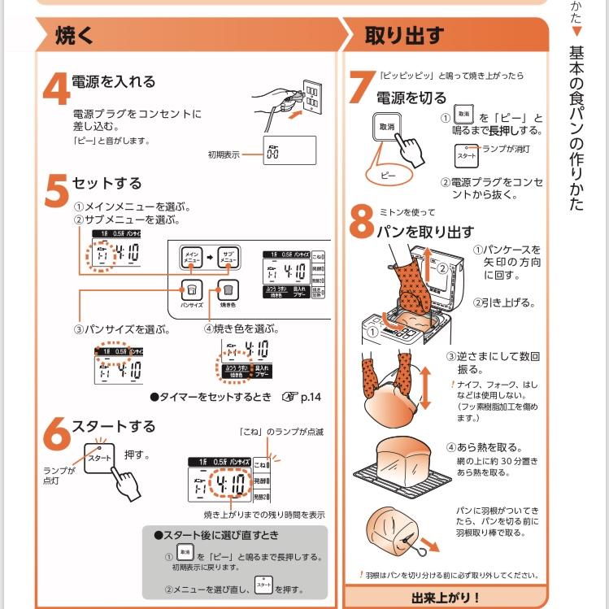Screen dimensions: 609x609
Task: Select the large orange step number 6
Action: coord(55,434)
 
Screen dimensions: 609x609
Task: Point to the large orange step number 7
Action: coord(360,87)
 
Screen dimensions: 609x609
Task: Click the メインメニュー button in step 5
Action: coord(191,256)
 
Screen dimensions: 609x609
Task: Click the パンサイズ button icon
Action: coord(191,289)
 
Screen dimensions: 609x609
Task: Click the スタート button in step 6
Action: coord(100,459)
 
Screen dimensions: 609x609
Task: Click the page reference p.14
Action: coord(310,398)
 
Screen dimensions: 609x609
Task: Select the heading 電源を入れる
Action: coord(113,82)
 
